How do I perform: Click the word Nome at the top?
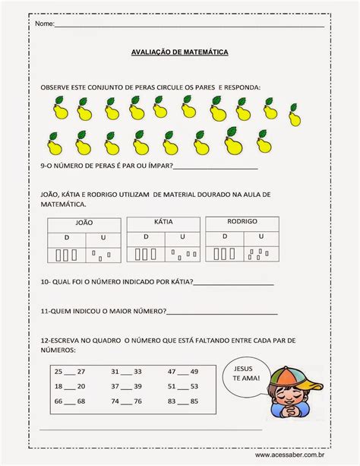point(44,24)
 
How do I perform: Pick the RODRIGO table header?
point(242,220)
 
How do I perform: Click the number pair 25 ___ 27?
point(70,372)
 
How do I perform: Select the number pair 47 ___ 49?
point(182,372)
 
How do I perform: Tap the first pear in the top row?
point(61,113)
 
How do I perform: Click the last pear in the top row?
point(292,116)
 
